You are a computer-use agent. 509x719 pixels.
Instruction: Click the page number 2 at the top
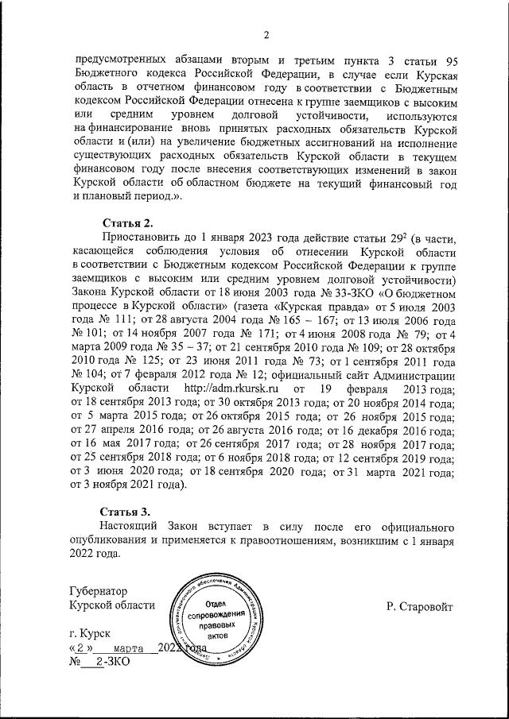[267, 34]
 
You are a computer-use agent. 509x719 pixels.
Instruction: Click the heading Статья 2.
[125, 222]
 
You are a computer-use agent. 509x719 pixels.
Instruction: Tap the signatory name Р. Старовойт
[420, 606]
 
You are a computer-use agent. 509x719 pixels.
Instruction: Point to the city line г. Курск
[89, 636]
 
